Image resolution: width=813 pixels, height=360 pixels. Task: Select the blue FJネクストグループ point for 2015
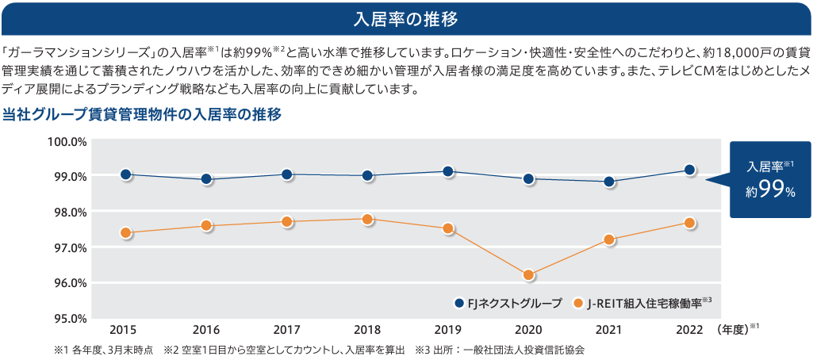[x=125, y=174]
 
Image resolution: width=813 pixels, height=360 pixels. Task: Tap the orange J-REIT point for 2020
[x=529, y=275]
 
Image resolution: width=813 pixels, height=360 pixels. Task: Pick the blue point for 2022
[x=690, y=170]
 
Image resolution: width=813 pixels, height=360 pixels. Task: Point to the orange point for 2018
[x=368, y=219]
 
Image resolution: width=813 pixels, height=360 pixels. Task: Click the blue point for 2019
[x=448, y=171]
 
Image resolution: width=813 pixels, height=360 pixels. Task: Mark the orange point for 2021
[x=609, y=239]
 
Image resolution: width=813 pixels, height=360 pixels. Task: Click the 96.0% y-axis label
[x=68, y=283]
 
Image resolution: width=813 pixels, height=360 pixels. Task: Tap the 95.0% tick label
[x=68, y=319]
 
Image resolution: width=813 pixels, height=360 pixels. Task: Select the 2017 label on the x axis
[x=287, y=329]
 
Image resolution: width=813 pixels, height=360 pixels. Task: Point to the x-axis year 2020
[x=528, y=329]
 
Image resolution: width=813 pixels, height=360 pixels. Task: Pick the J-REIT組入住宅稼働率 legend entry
[x=642, y=303]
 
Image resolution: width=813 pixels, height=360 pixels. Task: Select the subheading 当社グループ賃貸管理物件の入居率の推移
[x=143, y=114]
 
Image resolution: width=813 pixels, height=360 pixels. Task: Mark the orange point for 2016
[x=206, y=226]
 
